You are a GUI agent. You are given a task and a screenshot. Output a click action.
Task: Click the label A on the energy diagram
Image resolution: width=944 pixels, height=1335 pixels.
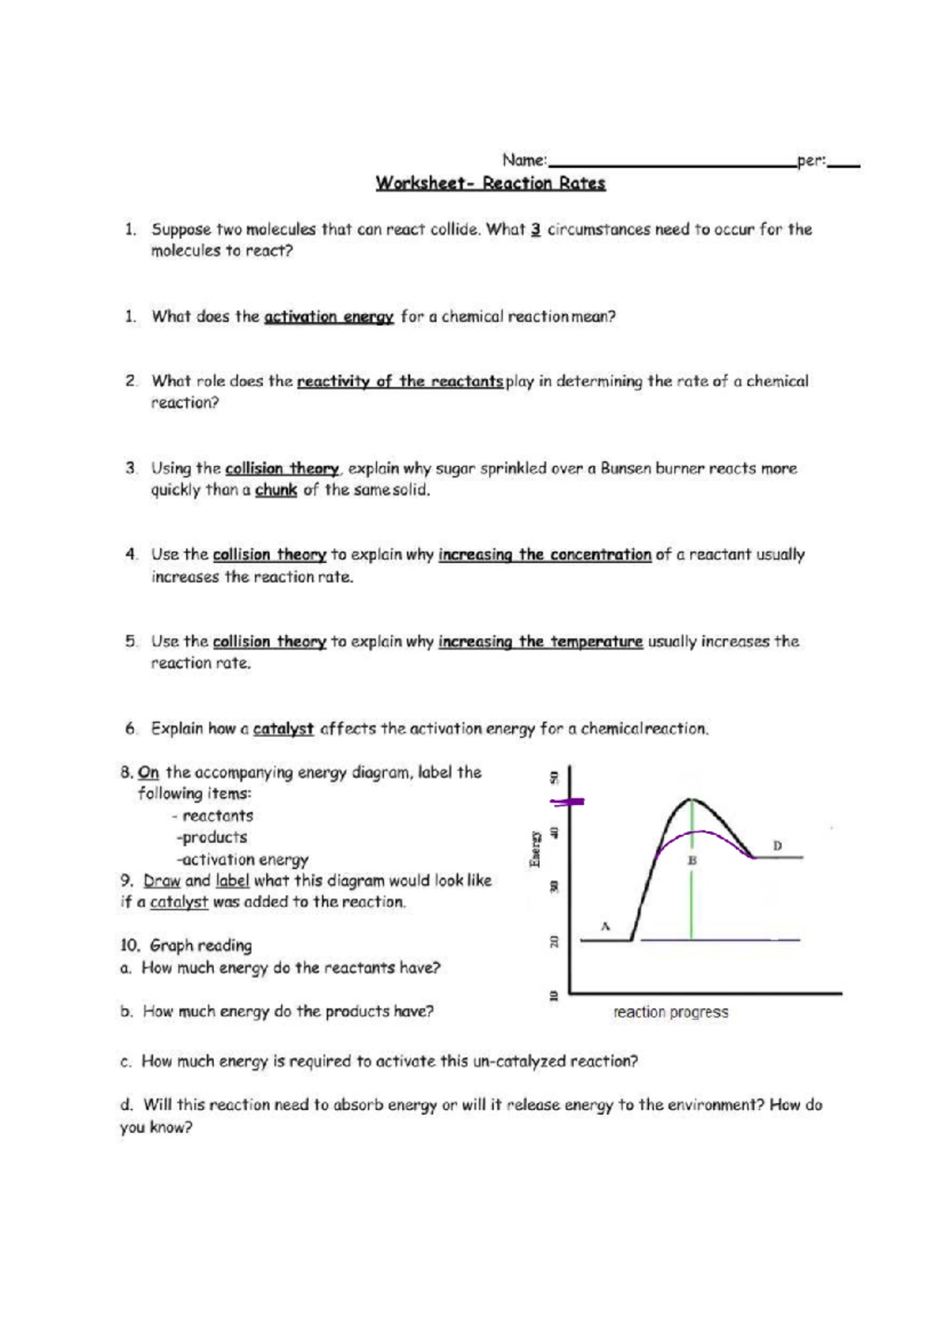point(605,925)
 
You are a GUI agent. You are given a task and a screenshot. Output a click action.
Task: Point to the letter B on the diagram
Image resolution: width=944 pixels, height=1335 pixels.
point(692,860)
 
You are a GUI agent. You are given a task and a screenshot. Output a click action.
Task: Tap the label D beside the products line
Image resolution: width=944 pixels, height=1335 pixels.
point(777,846)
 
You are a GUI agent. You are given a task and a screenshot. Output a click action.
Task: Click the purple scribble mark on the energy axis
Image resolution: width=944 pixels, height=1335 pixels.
point(567,802)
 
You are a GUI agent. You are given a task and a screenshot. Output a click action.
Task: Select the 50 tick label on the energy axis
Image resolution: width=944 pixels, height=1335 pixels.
point(553,777)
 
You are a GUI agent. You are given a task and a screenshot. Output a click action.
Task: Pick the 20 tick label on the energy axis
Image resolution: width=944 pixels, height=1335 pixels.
point(553,940)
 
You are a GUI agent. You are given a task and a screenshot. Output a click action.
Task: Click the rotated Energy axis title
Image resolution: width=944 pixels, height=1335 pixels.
point(534,848)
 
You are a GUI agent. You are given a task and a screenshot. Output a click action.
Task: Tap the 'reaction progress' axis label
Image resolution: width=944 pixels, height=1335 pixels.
point(670,1013)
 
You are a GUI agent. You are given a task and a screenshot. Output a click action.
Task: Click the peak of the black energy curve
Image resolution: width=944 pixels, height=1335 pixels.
point(691,800)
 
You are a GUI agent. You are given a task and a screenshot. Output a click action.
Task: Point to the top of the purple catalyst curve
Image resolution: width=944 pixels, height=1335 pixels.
point(692,831)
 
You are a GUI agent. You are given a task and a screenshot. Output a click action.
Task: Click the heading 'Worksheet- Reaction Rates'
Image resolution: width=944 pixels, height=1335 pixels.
point(490,184)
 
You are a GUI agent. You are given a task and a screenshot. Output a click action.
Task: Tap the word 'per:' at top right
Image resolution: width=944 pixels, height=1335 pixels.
point(811,160)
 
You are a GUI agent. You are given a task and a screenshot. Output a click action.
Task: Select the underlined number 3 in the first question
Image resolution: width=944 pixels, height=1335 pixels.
point(535,230)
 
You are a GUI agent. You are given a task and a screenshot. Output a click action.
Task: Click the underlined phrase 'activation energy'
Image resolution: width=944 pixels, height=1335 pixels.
point(329,317)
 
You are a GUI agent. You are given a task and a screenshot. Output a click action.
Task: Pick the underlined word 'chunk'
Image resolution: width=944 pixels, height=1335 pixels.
point(275,490)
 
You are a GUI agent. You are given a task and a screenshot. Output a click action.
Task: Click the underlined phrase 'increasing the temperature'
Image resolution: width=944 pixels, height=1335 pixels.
point(540,642)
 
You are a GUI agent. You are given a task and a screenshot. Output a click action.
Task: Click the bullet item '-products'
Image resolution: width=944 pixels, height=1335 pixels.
point(212,837)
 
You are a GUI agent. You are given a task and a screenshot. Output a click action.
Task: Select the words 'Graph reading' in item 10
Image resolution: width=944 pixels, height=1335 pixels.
point(201,945)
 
